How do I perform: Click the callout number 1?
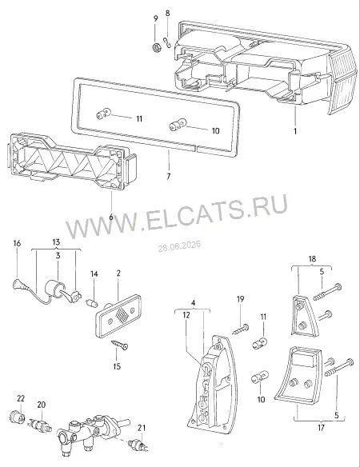tap(295, 131)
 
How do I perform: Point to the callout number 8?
tap(167, 14)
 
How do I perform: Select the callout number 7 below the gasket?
tap(168, 176)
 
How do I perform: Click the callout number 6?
tap(111, 217)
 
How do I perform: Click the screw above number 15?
tap(119, 345)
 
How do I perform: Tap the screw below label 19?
tap(240, 329)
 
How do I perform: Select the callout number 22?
tap(21, 398)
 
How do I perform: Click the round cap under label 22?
tap(18, 417)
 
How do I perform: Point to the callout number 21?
tap(142, 428)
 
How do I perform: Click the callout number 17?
tap(321, 428)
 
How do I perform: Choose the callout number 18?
tap(312, 259)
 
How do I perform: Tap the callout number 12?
tap(186, 315)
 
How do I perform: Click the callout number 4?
tap(193, 303)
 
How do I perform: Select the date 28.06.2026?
tap(179, 246)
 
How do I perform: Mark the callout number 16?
tap(17, 243)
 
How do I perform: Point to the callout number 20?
tap(42, 405)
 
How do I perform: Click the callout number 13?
tap(56, 242)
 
